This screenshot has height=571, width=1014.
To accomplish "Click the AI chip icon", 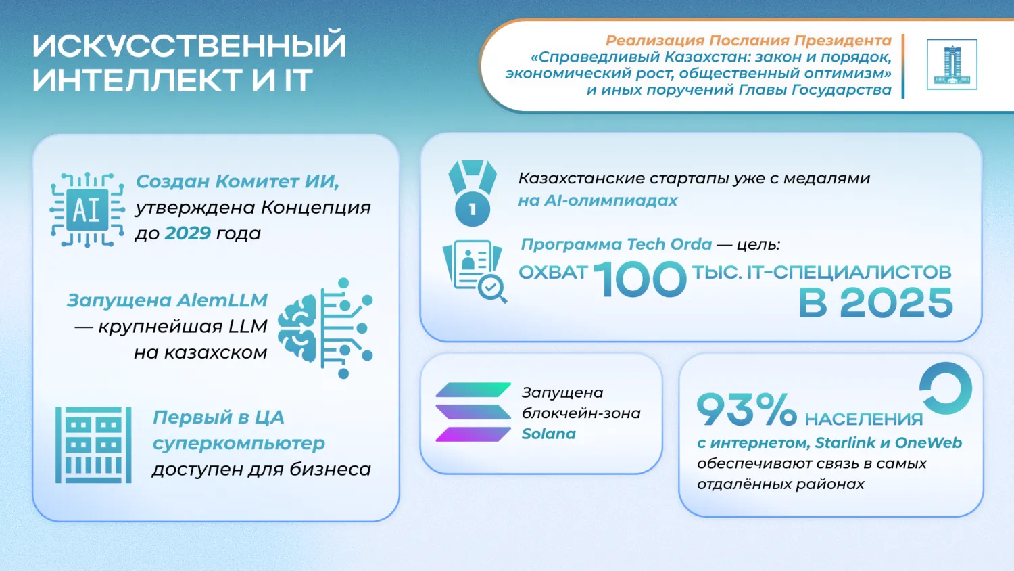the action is (87, 210).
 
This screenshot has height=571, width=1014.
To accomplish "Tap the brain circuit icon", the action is (325, 328).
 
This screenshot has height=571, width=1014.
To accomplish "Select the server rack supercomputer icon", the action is (94, 445).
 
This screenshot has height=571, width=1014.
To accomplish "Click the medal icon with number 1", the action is (472, 193).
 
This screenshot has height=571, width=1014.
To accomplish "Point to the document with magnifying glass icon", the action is (475, 271).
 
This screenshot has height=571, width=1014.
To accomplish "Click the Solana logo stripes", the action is (473, 412).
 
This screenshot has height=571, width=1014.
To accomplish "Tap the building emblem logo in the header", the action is (952, 64).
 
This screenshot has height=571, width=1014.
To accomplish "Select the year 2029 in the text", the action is (187, 233).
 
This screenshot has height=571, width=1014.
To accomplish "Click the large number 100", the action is (639, 279).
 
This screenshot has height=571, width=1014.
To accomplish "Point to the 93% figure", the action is (746, 409).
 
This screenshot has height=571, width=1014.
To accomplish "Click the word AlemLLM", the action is (222, 300).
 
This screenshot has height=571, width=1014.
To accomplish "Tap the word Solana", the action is (549, 434).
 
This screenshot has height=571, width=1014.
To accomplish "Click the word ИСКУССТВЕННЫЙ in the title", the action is (189, 45).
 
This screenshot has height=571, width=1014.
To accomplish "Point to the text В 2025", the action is (875, 302).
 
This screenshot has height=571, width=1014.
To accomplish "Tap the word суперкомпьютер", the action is (239, 444).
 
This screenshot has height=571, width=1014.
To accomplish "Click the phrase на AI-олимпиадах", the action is (598, 200).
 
